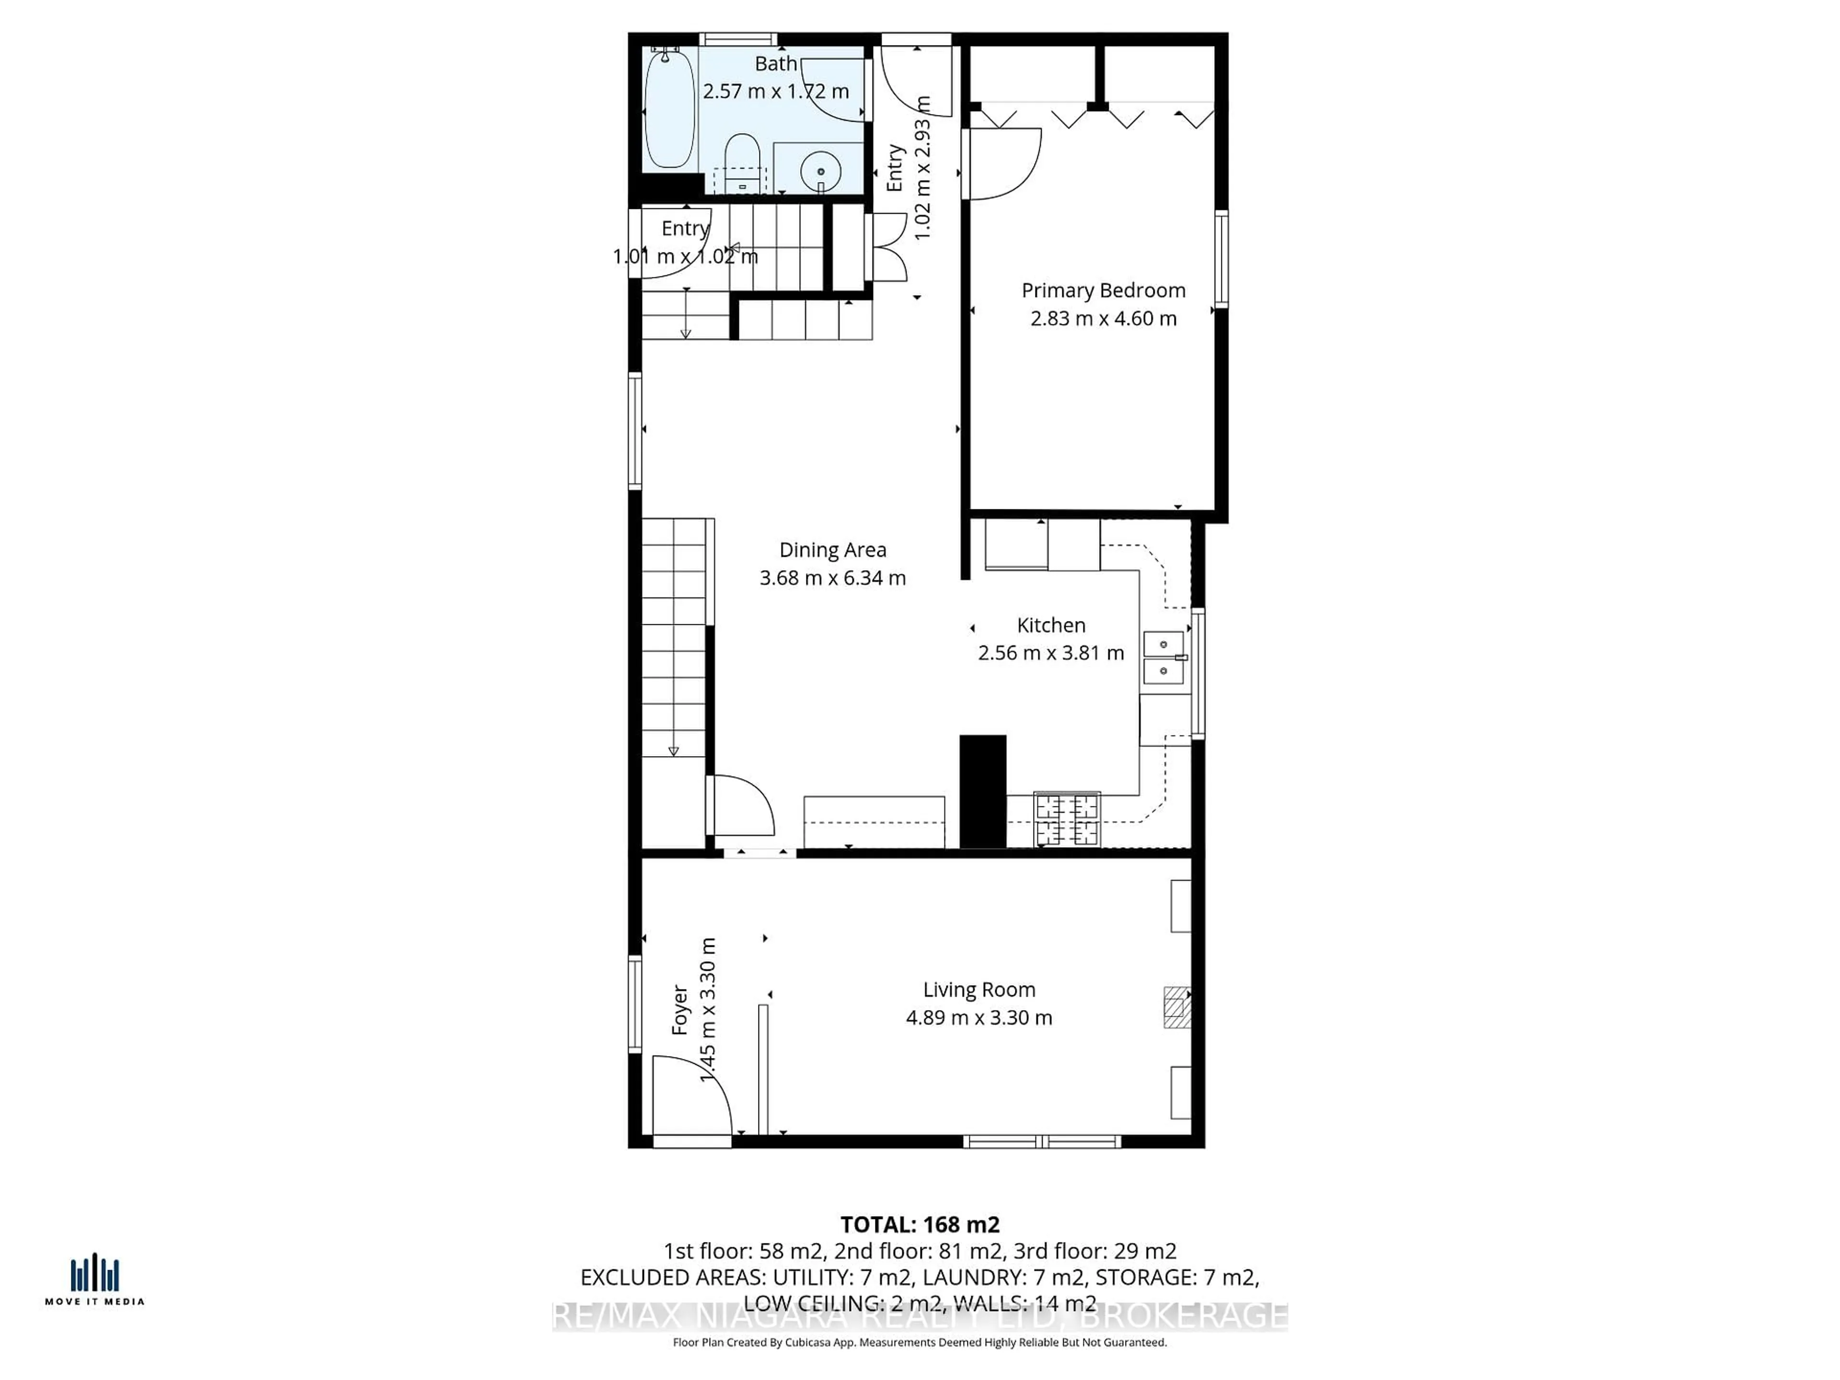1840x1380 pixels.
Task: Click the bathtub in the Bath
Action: pyautogui.click(x=669, y=108)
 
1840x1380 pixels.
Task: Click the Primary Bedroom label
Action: pyautogui.click(x=1103, y=290)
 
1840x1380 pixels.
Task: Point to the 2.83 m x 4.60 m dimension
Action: pyautogui.click(x=1103, y=319)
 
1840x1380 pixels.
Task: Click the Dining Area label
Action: pyautogui.click(x=833, y=550)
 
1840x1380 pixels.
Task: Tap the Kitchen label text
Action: pyautogui.click(x=1051, y=625)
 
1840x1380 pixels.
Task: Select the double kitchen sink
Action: pyautogui.click(x=1164, y=657)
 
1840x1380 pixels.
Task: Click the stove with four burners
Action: pyautogui.click(x=1067, y=819)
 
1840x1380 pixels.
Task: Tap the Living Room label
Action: pyautogui.click(x=979, y=990)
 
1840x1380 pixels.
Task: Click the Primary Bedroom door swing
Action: pyautogui.click(x=1002, y=164)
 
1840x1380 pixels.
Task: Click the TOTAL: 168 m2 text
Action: pyautogui.click(x=920, y=1224)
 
